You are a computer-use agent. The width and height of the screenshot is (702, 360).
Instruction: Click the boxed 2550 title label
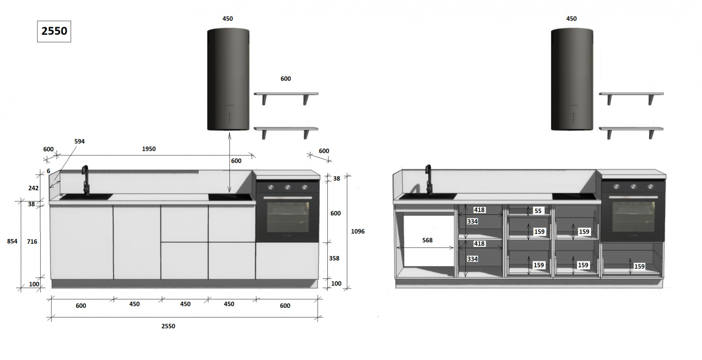(x=54, y=31)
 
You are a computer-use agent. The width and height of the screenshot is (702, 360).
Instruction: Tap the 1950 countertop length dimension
(x=149, y=149)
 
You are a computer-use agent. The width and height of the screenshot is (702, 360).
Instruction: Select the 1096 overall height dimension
(x=358, y=231)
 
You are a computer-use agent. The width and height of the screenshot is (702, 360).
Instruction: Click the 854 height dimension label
(x=12, y=241)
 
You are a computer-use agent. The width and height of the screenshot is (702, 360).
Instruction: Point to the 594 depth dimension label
(x=79, y=141)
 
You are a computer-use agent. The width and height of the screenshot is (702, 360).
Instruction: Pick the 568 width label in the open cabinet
(x=427, y=240)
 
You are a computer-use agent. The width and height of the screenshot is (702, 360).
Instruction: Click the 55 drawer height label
(x=538, y=211)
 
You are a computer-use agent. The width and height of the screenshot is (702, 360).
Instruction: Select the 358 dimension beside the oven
(x=334, y=258)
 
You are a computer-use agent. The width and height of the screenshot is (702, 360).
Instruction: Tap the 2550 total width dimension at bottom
(x=168, y=326)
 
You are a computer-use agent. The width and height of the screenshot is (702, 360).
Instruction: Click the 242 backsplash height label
(x=33, y=188)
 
